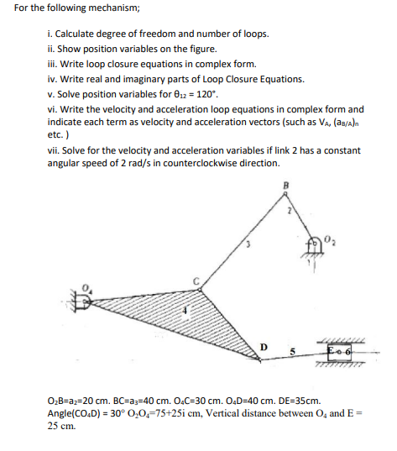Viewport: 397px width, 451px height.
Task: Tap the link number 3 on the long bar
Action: [x=247, y=246]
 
